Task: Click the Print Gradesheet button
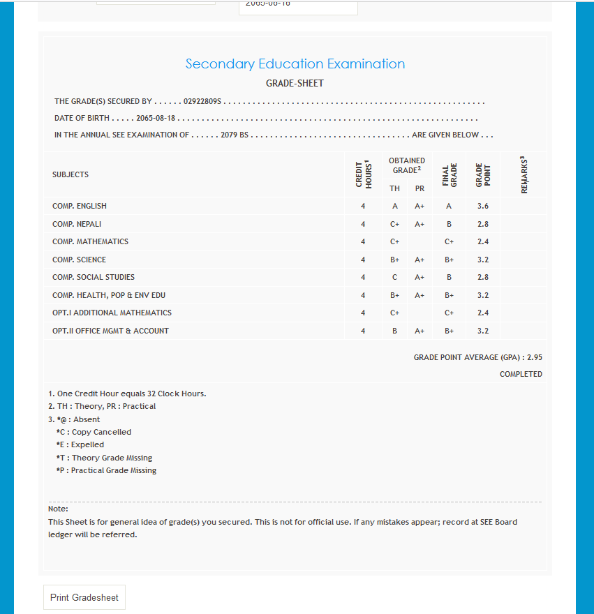pyautogui.click(x=84, y=597)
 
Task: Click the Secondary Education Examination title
pyautogui.click(x=295, y=64)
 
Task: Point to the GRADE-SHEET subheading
pyautogui.click(x=295, y=84)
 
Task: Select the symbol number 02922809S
pyautogui.click(x=202, y=102)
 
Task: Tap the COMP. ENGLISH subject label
pyautogui.click(x=80, y=207)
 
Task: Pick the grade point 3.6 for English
pyautogui.click(x=482, y=207)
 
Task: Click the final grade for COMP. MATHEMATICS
pyautogui.click(x=449, y=242)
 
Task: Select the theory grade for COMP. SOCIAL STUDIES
pyautogui.click(x=394, y=278)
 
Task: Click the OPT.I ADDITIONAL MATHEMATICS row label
pyautogui.click(x=112, y=313)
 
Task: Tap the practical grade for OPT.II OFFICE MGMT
pyautogui.click(x=419, y=331)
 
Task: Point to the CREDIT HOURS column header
pyautogui.click(x=363, y=174)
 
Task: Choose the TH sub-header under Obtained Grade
pyautogui.click(x=394, y=188)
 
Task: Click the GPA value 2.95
pyautogui.click(x=535, y=357)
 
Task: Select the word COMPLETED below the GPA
pyautogui.click(x=521, y=375)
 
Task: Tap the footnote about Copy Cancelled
pyautogui.click(x=94, y=433)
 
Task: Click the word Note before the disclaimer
pyautogui.click(x=58, y=509)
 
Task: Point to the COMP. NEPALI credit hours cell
pyautogui.click(x=363, y=224)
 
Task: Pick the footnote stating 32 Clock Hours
pyautogui.click(x=127, y=394)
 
